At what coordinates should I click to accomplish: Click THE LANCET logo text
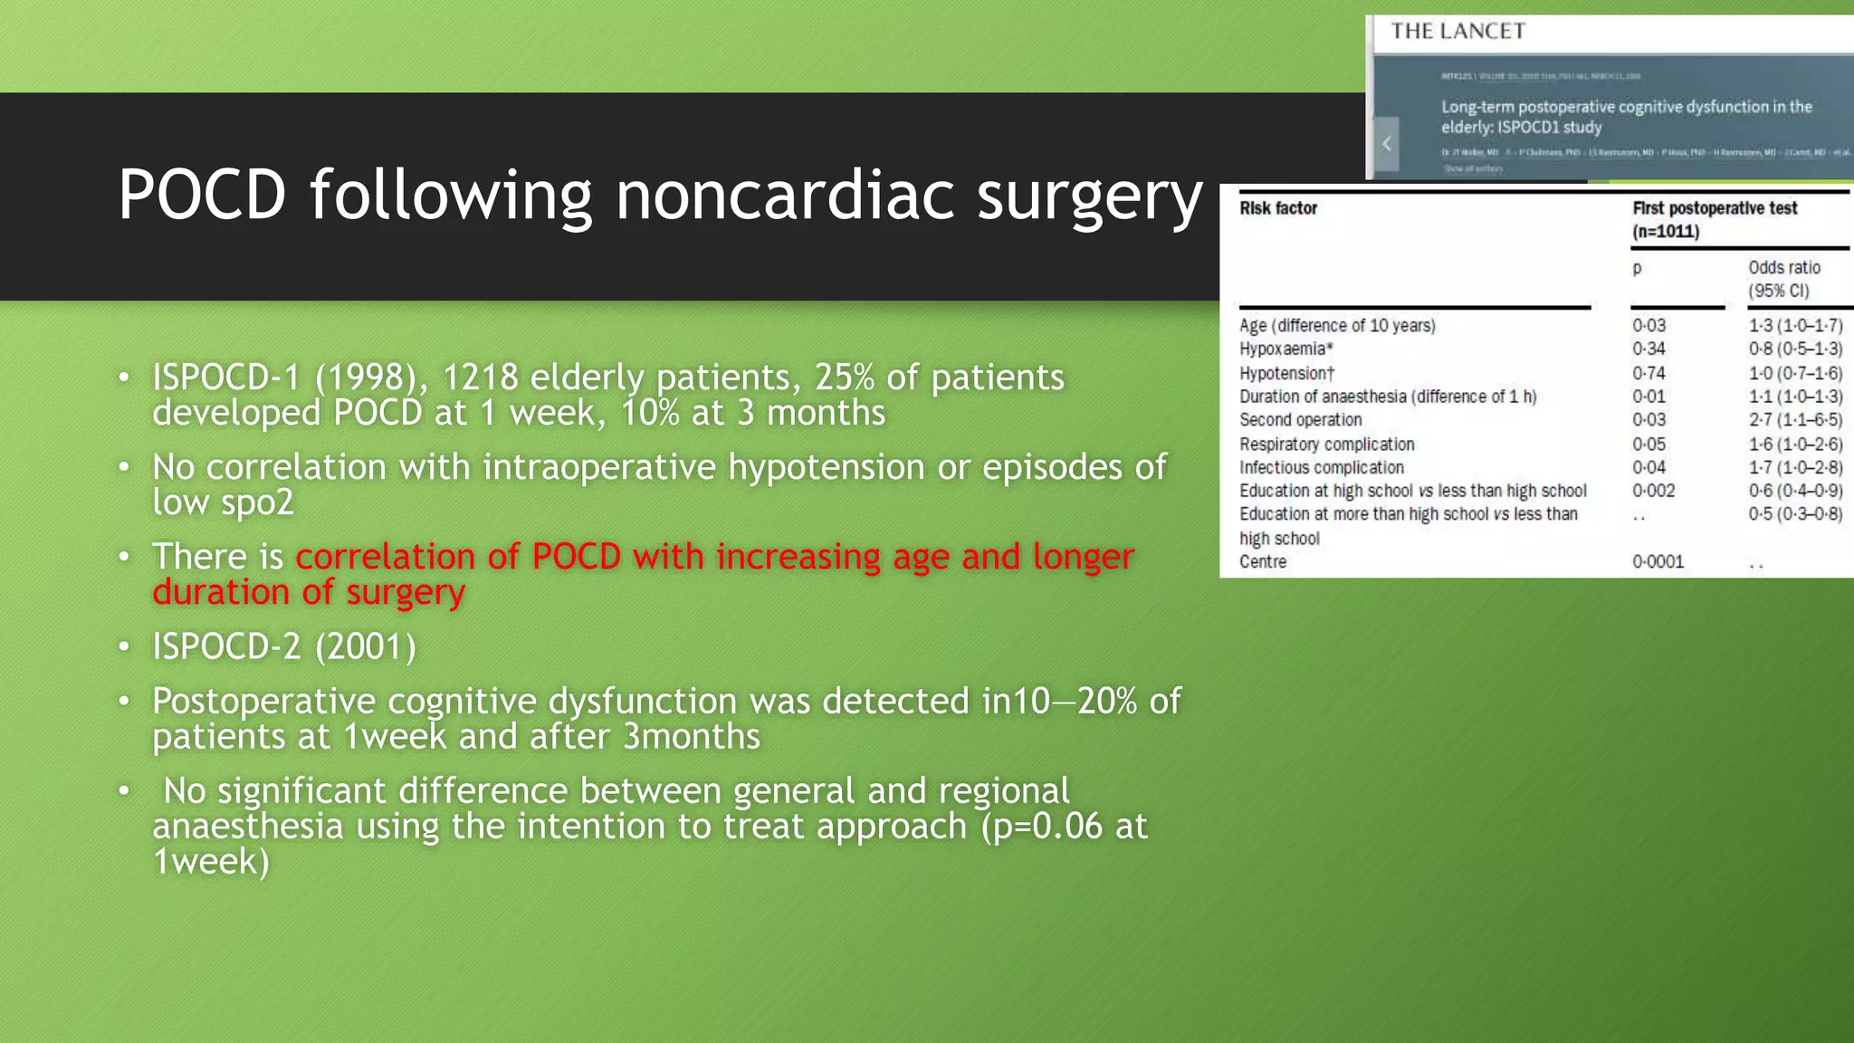point(1457,32)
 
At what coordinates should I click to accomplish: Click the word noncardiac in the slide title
point(784,195)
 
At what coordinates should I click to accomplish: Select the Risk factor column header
point(1277,208)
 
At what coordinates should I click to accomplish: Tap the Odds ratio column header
point(1783,268)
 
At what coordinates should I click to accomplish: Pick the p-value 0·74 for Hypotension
point(1649,373)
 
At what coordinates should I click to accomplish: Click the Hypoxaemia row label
point(1285,349)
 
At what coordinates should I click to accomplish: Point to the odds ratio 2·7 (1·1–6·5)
point(1794,420)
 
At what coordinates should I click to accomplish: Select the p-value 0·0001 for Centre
point(1658,562)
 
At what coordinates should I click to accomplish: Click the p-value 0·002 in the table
point(1653,491)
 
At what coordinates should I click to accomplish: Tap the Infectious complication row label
point(1321,468)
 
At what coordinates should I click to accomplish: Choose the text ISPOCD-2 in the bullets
point(226,646)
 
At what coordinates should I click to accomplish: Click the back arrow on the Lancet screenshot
point(1386,143)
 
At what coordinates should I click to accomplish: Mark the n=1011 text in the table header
point(1666,232)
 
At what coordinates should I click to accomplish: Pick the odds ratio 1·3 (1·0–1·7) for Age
point(1794,326)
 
